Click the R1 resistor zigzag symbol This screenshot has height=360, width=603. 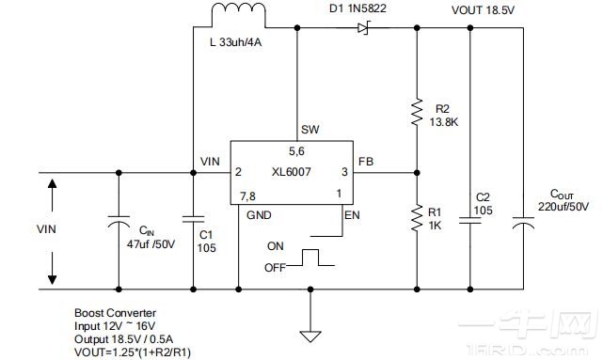pyautogui.click(x=416, y=219)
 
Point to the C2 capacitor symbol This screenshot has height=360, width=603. pyautogui.click(x=468, y=220)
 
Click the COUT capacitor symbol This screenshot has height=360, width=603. pyautogui.click(x=522, y=223)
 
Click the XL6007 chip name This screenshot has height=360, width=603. pyautogui.click(x=292, y=172)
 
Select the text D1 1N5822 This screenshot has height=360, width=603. pyautogui.click(x=357, y=10)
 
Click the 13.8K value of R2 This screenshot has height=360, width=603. pyautogui.click(x=444, y=121)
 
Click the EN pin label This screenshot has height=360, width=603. pyautogui.click(x=353, y=215)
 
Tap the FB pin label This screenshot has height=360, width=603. pyautogui.click(x=366, y=162)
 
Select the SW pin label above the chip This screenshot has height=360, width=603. pyautogui.click(x=308, y=129)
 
